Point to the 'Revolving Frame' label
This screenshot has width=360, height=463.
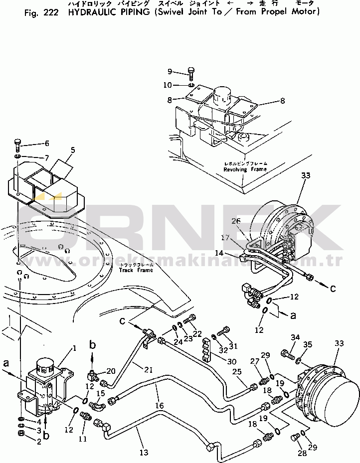[x=245, y=169]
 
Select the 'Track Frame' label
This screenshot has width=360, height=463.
[x=136, y=270]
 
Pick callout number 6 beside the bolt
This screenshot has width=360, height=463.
[x=47, y=143]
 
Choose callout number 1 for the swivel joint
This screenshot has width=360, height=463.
[x=74, y=348]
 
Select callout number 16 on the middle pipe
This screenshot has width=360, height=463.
[x=159, y=406]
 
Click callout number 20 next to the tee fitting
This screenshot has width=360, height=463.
[x=111, y=370]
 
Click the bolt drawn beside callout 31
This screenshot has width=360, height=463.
[x=224, y=330]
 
